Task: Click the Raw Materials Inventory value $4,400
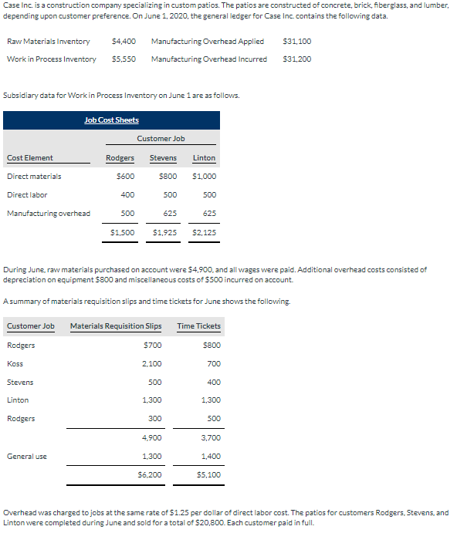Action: (124, 41)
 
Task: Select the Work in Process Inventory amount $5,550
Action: (124, 59)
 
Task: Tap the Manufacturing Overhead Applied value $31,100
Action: (297, 41)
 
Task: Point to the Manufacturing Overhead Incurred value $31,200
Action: (297, 59)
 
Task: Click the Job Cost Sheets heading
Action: (111, 120)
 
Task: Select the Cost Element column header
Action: (30, 158)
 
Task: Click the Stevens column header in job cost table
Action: (163, 158)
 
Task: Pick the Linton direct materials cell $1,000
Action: (204, 177)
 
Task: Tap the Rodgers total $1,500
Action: (122, 231)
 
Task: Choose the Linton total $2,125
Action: (204, 231)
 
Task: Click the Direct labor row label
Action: (27, 195)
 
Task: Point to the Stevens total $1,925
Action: (164, 231)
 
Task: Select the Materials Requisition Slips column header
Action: (116, 326)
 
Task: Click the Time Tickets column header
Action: (198, 326)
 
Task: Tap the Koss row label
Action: (15, 363)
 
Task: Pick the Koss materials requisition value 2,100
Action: (153, 363)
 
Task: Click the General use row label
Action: (27, 457)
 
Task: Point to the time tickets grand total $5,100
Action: (209, 474)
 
